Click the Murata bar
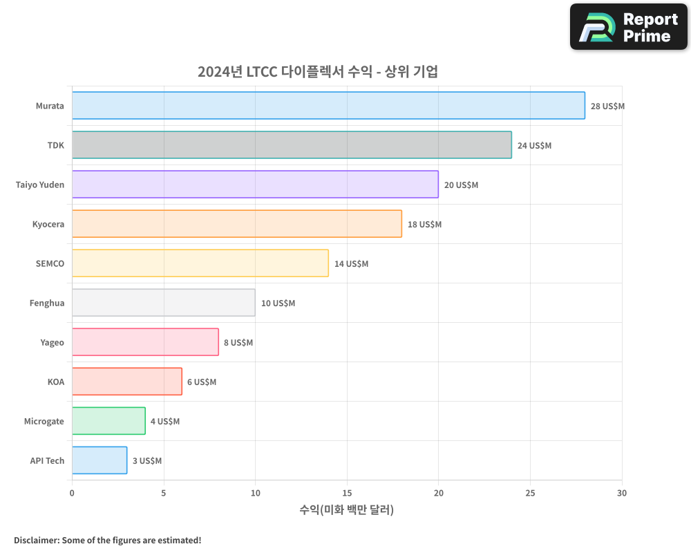[328, 106]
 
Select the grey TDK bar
[292, 145]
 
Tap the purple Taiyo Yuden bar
[255, 185]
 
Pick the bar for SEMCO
[200, 263]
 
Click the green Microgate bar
[108, 421]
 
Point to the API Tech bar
[100, 460]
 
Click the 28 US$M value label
[607, 106]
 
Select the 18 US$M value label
[424, 225]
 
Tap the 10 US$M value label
[278, 303]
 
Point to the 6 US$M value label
[202, 382]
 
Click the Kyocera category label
[48, 224]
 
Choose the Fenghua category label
[47, 303]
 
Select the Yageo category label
[53, 342]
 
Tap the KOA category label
[56, 382]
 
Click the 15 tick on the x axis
[347, 493]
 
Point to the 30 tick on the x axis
[622, 493]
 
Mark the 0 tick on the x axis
[72, 493]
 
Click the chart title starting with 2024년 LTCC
[318, 71]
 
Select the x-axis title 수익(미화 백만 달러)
[347, 510]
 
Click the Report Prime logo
[629, 27]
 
